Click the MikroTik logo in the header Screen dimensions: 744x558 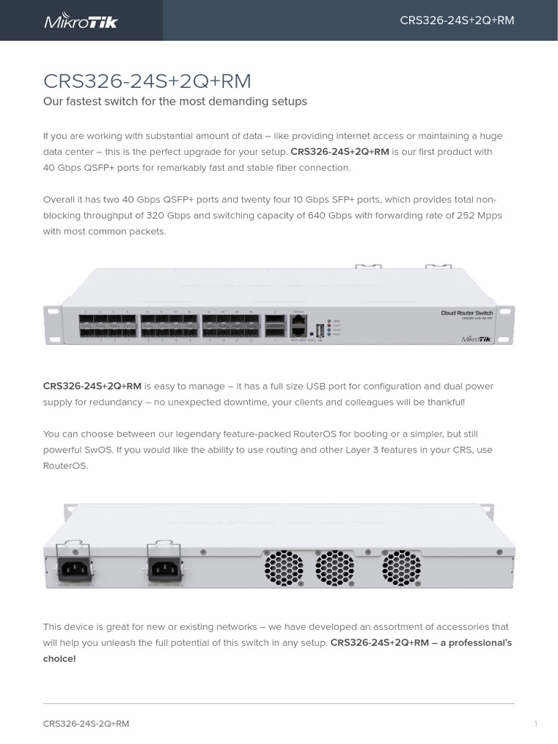coord(81,20)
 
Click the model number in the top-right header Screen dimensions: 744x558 coord(456,20)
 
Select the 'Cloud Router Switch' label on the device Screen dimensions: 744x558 coord(466,313)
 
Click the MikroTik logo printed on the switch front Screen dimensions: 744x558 coord(476,338)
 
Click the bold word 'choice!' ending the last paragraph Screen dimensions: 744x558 coord(59,659)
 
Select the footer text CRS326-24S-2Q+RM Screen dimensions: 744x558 coord(86,724)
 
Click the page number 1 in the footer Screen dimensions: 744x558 coord(535,724)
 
